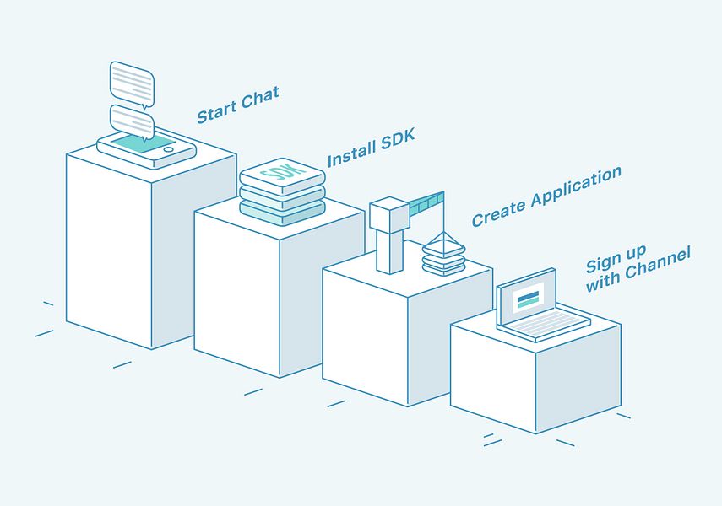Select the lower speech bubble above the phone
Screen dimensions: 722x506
pos(132,122)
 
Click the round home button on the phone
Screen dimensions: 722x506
pos(169,149)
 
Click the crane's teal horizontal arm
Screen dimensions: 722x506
pos(426,203)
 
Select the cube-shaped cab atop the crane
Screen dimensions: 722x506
pos(389,214)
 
